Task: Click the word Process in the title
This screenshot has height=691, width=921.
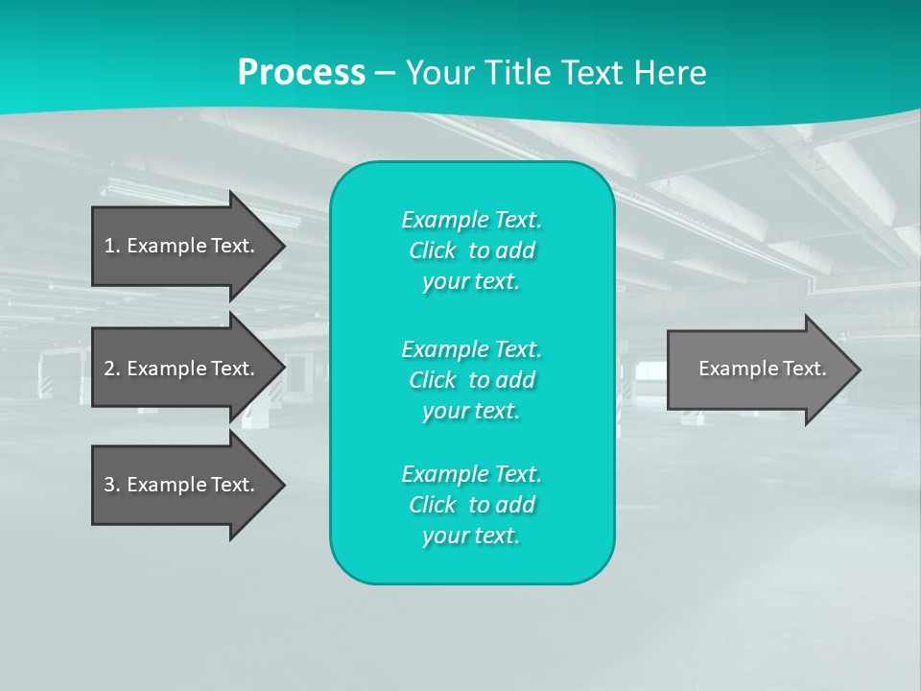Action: [301, 73]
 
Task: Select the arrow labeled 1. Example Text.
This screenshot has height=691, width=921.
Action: [182, 246]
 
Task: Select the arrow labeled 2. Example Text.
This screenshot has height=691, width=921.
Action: [182, 369]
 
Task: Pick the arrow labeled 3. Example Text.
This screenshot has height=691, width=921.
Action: [182, 485]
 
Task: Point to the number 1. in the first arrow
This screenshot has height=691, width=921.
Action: [112, 246]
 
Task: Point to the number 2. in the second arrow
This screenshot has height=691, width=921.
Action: [112, 369]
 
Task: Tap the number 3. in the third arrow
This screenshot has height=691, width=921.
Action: [112, 485]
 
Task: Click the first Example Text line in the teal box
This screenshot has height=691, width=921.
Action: [471, 220]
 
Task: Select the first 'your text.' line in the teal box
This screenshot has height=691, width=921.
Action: [471, 281]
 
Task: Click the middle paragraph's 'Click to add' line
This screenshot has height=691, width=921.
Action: [471, 380]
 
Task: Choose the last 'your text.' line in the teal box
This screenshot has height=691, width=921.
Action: [471, 536]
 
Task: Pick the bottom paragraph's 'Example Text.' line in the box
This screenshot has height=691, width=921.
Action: [471, 474]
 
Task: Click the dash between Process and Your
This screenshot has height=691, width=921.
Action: [385, 74]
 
